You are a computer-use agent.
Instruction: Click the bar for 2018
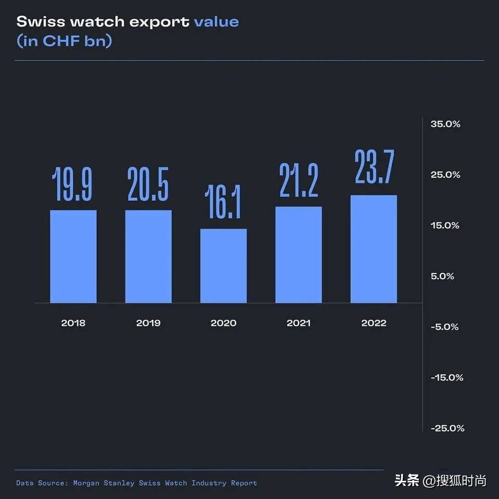[x=73, y=256]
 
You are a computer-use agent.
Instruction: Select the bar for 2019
[x=148, y=256]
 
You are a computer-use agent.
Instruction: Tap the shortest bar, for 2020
[x=224, y=266]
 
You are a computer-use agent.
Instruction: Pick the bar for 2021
[x=298, y=255]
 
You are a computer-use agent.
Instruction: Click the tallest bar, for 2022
[x=374, y=249]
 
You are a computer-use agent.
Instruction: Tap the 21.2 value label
[x=298, y=180]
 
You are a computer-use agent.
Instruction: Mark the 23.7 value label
[x=374, y=167]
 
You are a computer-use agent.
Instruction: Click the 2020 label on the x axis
[x=224, y=323]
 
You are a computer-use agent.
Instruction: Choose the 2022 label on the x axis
[x=374, y=323]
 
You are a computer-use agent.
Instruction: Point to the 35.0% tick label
[x=445, y=124]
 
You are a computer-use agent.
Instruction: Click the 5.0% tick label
[x=442, y=276]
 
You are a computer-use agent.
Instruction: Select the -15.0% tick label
[x=447, y=377]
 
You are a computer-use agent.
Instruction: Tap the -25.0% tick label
[x=447, y=428]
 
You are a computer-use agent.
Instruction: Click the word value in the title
[x=216, y=22]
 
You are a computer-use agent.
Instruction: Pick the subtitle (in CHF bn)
[x=64, y=41]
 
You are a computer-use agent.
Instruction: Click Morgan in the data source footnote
[x=87, y=483]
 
